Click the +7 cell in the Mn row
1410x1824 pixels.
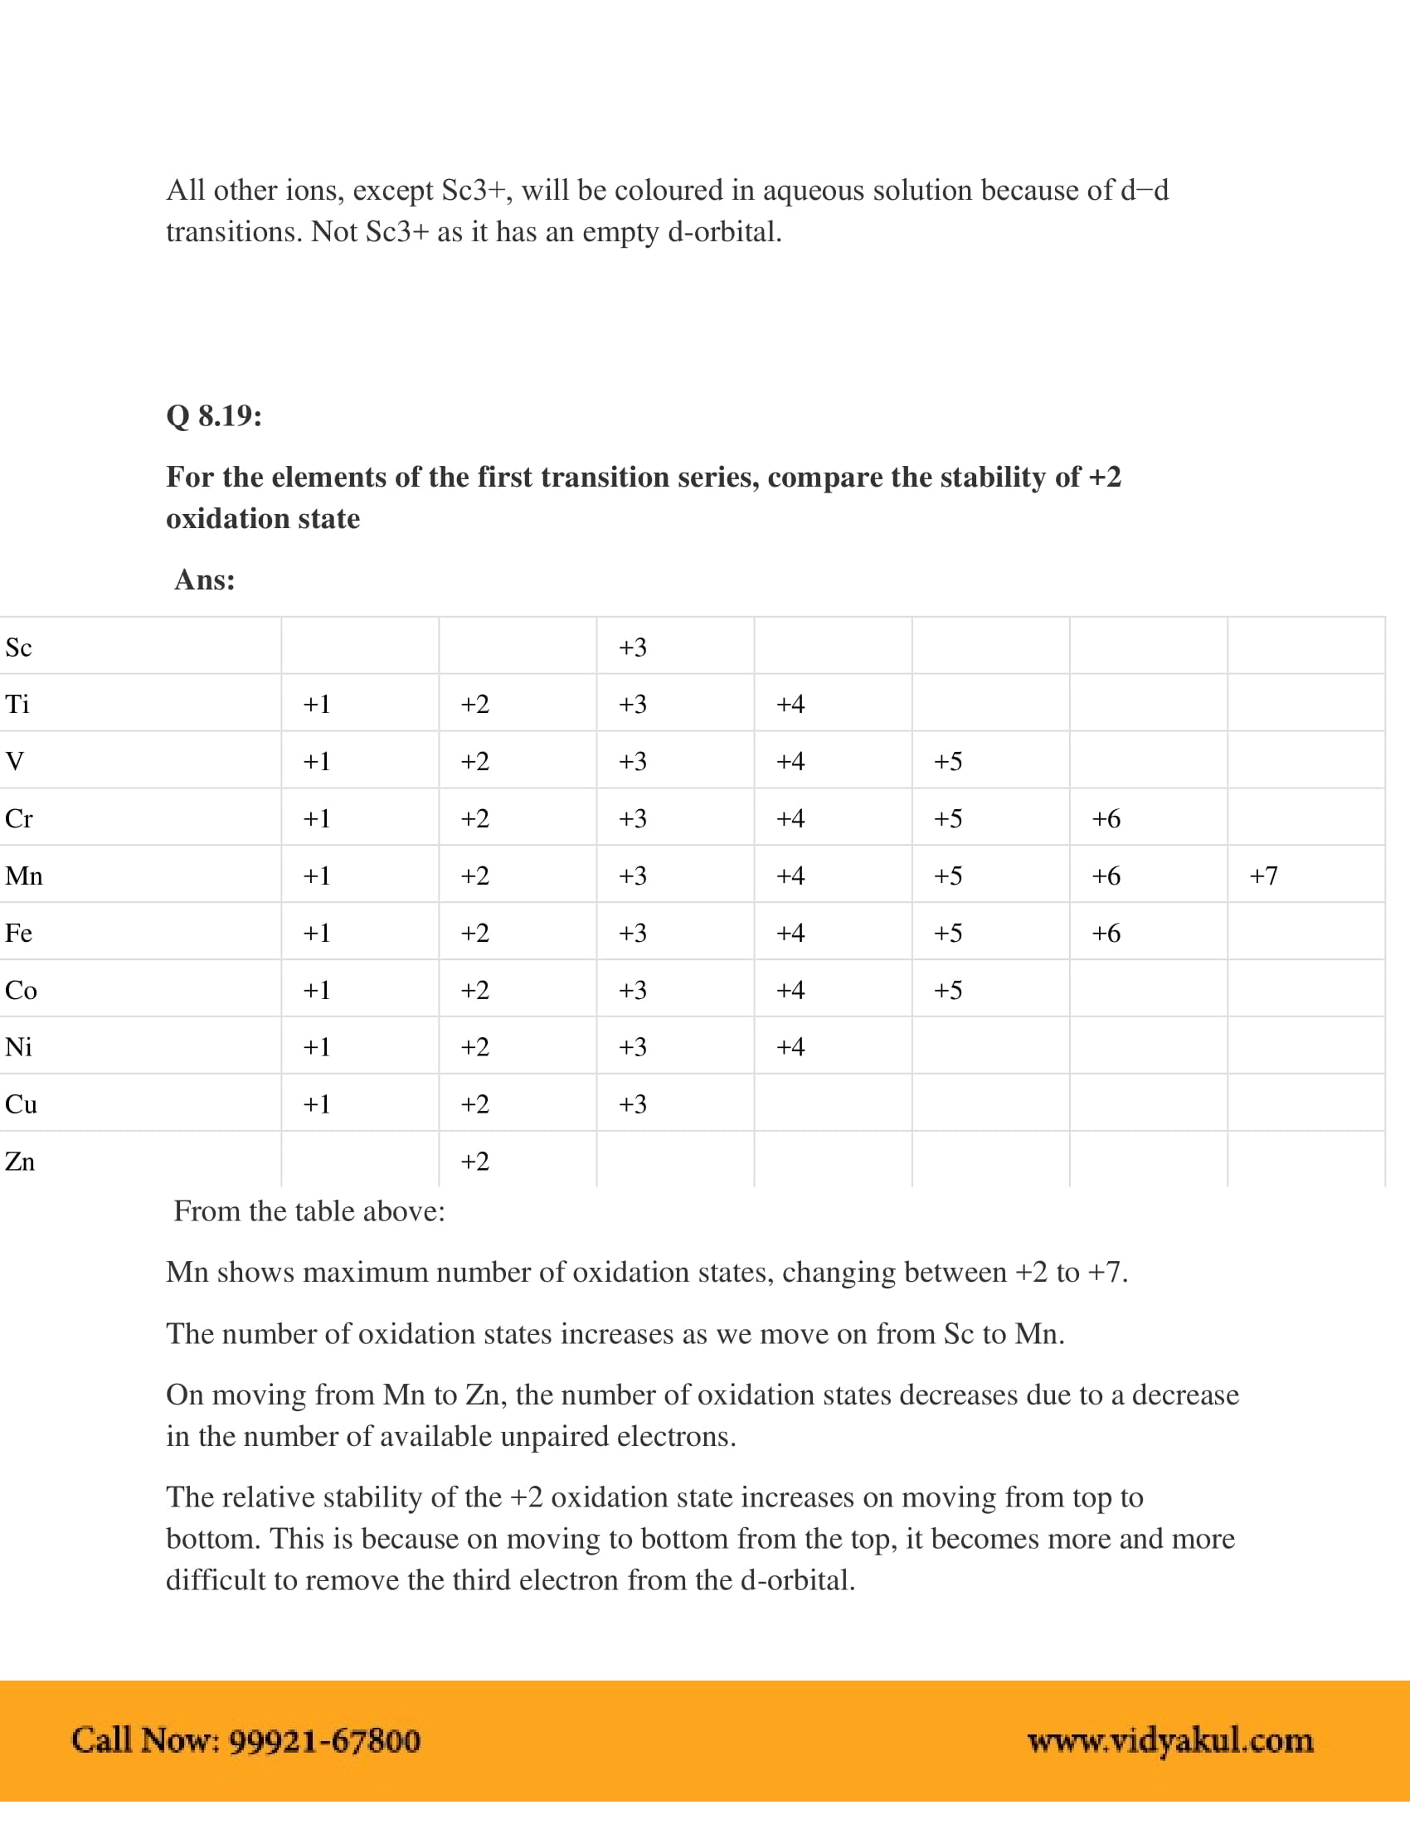1263,876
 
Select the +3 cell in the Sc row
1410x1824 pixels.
632,648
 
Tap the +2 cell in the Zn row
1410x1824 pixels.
474,1161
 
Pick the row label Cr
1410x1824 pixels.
18,818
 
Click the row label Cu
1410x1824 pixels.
21,1104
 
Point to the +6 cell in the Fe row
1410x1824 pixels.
1106,933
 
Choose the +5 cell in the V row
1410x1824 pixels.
948,761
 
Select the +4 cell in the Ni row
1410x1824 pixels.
790,1046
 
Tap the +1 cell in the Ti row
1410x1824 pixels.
317,704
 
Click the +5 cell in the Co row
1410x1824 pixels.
948,990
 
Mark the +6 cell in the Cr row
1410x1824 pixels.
1106,818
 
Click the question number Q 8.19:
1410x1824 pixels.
214,415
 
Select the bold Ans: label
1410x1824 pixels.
205,580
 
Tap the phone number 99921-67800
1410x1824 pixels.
324,1740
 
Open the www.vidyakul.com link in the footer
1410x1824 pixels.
1170,1740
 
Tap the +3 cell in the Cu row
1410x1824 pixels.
632,1104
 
